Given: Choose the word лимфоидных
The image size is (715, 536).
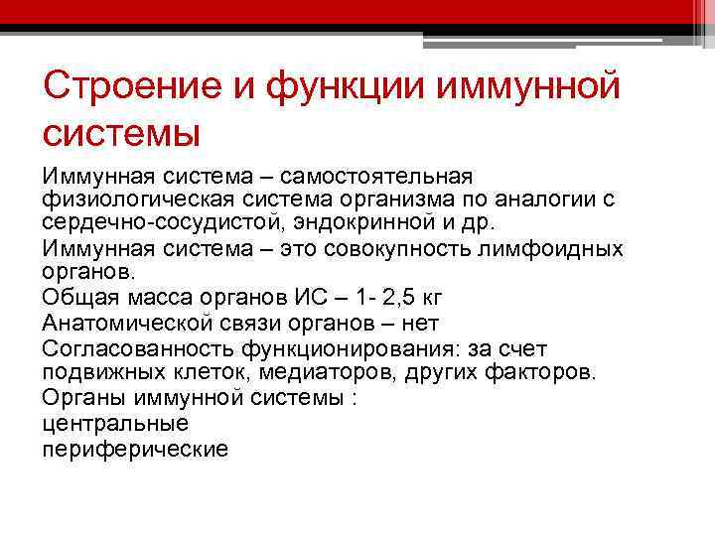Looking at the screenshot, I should pyautogui.click(x=557, y=248).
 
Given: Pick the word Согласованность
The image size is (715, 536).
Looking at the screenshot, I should pyautogui.click(x=137, y=348).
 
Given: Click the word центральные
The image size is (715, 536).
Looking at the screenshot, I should pyautogui.click(x=115, y=423).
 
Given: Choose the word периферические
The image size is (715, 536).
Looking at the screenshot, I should pyautogui.click(x=135, y=449).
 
